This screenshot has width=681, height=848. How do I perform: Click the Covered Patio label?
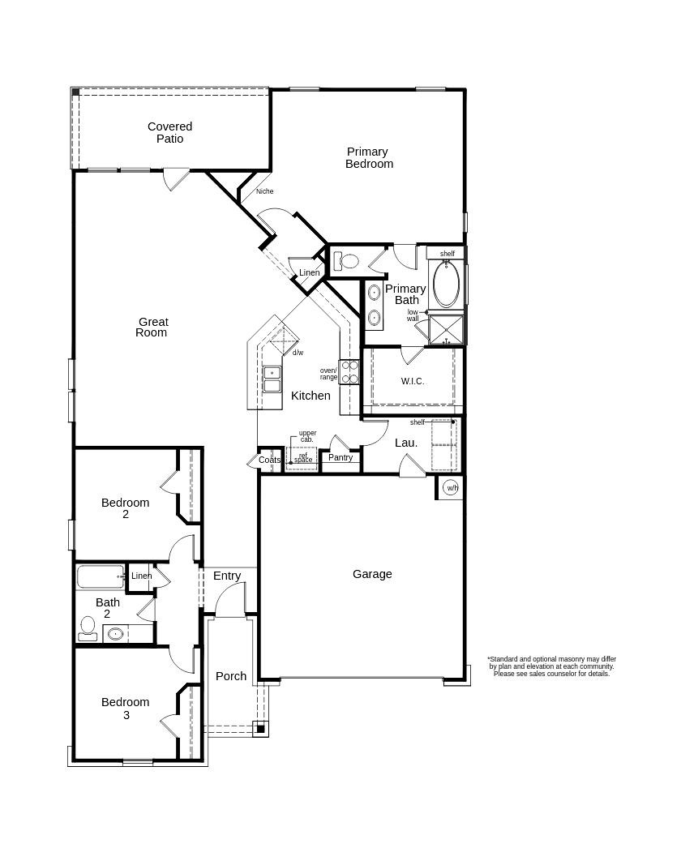click(169, 132)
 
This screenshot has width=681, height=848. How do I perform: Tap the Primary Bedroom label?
click(369, 157)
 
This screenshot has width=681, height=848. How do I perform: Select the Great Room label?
click(152, 328)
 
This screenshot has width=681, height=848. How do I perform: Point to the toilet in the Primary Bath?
click(346, 261)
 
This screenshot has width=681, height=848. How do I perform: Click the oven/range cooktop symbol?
click(349, 372)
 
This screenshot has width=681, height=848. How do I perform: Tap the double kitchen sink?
click(272, 379)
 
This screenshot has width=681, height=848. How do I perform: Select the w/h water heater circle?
click(451, 488)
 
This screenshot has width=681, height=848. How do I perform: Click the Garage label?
click(372, 574)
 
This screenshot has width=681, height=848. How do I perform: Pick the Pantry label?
click(340, 458)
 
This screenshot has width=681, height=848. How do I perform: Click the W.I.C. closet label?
click(413, 381)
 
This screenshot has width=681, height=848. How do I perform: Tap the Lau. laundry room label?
click(406, 443)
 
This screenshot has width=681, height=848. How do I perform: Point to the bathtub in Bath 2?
click(101, 576)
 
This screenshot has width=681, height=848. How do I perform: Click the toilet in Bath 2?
click(88, 628)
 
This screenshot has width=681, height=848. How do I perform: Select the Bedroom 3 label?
click(125, 709)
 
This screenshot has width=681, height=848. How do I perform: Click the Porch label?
click(231, 676)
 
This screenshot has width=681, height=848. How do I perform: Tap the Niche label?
click(264, 191)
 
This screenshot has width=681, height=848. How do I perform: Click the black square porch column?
click(260, 729)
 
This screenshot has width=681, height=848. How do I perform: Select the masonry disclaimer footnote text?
click(551, 666)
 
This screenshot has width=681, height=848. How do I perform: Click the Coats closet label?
click(269, 460)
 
